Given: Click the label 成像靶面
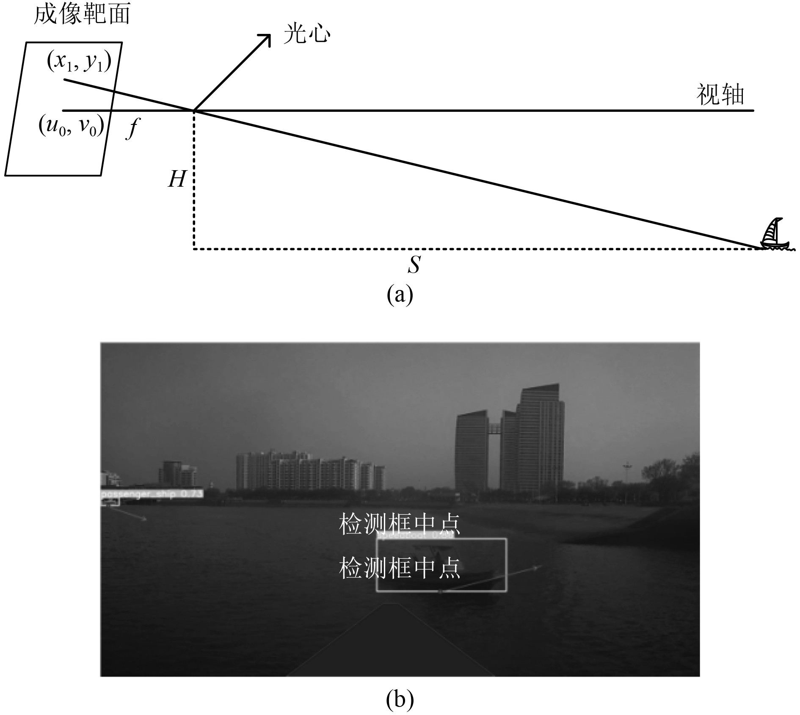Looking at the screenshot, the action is tap(82, 15).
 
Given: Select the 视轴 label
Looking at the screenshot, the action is tap(720, 95).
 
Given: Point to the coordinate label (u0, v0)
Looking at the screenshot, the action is tap(72, 126).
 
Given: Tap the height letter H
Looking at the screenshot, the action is tap(177, 179).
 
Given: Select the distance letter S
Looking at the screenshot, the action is tap(414, 265).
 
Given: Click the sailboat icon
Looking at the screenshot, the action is tap(774, 235).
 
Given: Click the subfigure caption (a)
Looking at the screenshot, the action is tap(400, 295).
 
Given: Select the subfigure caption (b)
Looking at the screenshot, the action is tap(400, 700).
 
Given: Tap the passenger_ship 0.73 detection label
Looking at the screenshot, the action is tap(152, 494).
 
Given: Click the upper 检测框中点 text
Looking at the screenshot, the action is tap(399, 525).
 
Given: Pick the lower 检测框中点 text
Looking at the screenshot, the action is tap(399, 569).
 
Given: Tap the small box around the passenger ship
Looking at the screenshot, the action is tap(110, 502).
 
